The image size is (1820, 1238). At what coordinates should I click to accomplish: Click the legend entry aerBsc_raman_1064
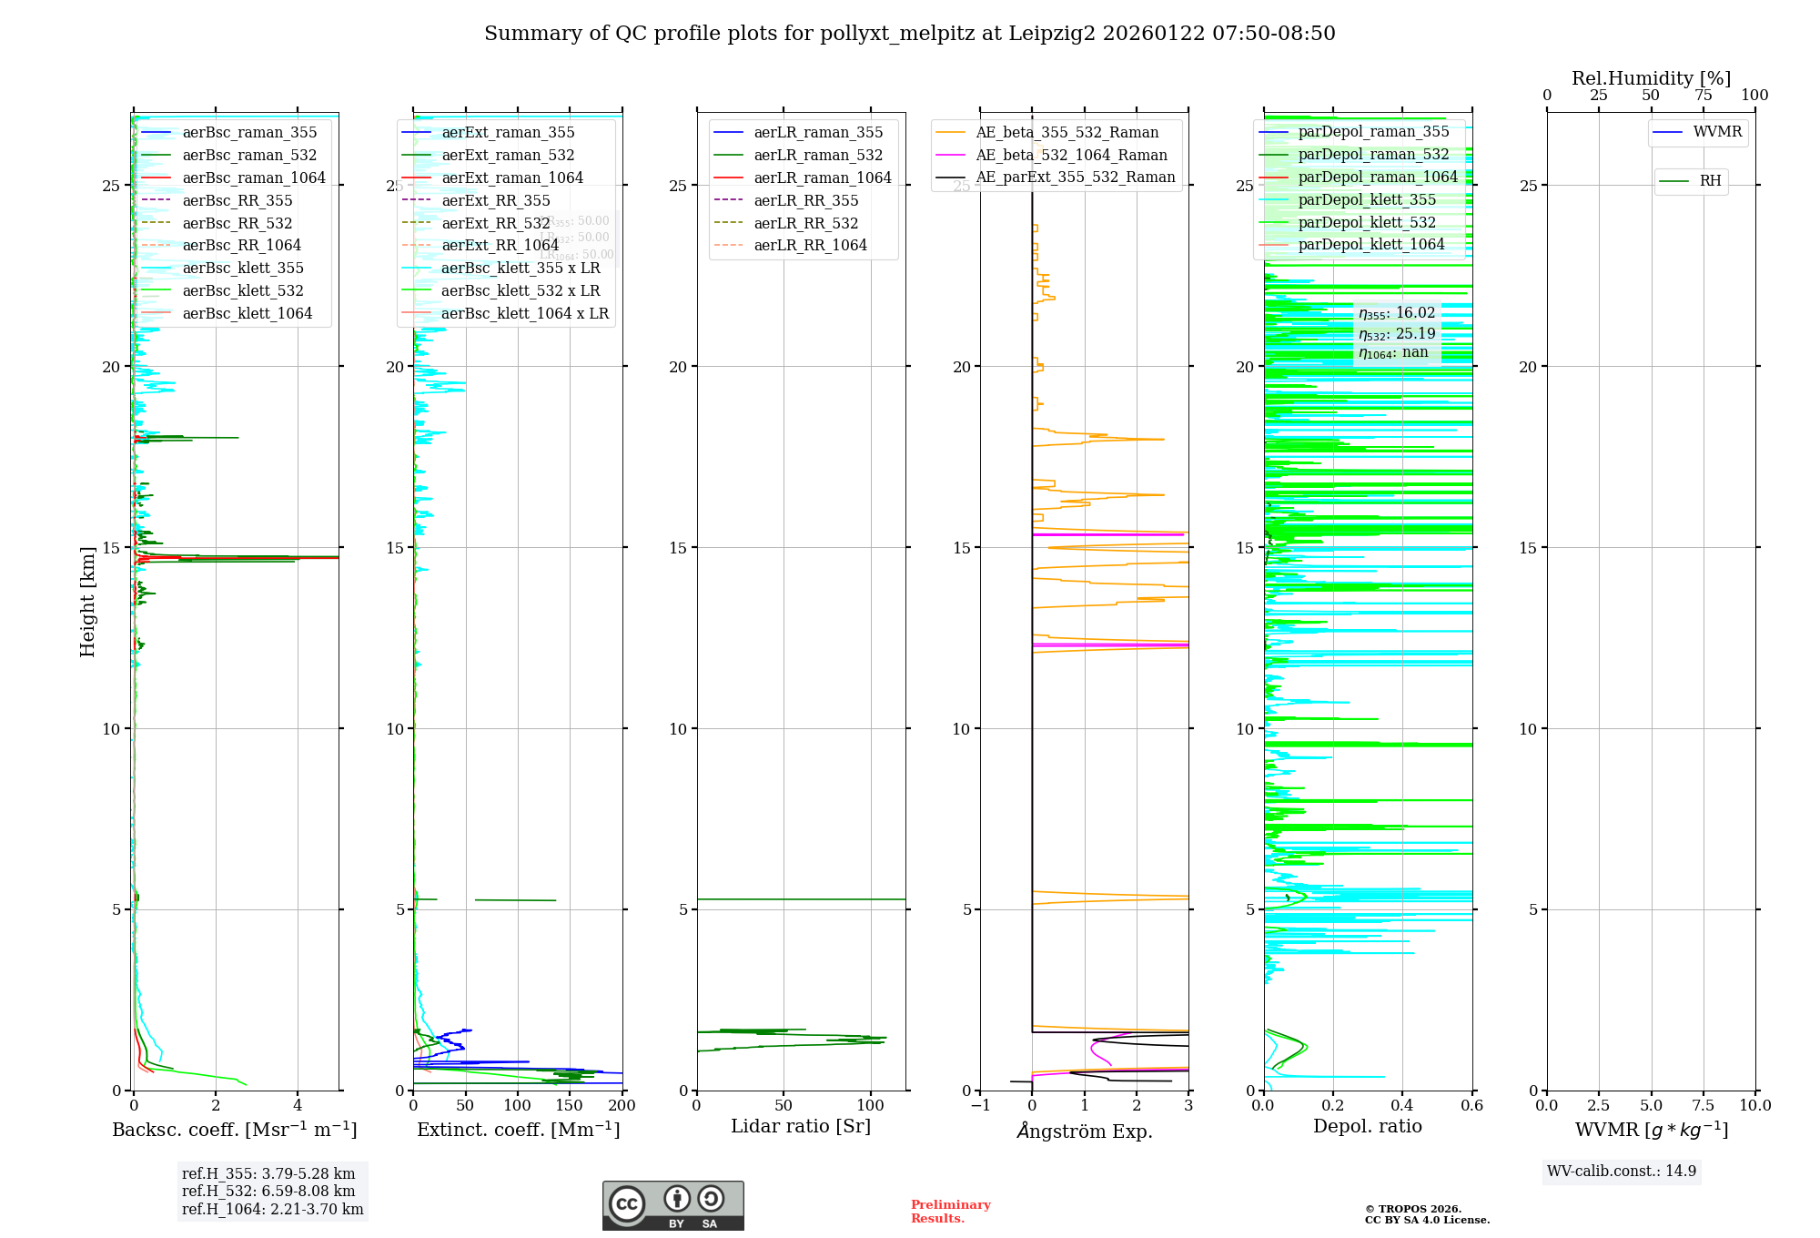pyautogui.click(x=254, y=178)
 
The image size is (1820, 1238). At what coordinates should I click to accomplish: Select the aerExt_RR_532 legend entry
pyautogui.click(x=496, y=223)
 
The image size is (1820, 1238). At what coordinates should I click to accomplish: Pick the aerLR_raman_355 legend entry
pyautogui.click(x=818, y=133)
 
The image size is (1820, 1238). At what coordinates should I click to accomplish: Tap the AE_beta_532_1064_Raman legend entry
pyautogui.click(x=1071, y=156)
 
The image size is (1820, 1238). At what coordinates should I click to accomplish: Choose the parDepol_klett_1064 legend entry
pyautogui.click(x=1370, y=245)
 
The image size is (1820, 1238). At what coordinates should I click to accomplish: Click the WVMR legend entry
pyautogui.click(x=1717, y=133)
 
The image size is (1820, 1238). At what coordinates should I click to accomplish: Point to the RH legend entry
pyautogui.click(x=1710, y=181)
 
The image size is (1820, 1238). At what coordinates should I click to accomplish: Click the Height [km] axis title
pyautogui.click(x=87, y=602)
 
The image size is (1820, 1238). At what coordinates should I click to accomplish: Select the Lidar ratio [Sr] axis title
pyautogui.click(x=801, y=1127)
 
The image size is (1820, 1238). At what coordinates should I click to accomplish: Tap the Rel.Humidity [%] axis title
pyautogui.click(x=1651, y=78)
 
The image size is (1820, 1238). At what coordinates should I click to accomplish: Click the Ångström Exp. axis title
pyautogui.click(x=1084, y=1131)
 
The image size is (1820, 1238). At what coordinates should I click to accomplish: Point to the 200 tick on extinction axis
pyautogui.click(x=622, y=1106)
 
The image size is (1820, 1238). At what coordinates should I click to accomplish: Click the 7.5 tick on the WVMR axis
pyautogui.click(x=1704, y=1106)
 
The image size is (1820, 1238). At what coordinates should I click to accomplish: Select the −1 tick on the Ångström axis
pyautogui.click(x=980, y=1106)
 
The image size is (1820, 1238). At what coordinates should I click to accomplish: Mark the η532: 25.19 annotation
pyautogui.click(x=1397, y=333)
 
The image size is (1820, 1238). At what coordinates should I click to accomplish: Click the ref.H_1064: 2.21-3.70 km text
pyautogui.click(x=272, y=1210)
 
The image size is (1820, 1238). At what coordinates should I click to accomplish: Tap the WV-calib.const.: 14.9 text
pyautogui.click(x=1622, y=1172)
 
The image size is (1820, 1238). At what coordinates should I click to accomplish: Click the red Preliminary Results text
pyautogui.click(x=950, y=1212)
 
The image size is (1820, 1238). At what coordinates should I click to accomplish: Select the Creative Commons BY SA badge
pyautogui.click(x=672, y=1205)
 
